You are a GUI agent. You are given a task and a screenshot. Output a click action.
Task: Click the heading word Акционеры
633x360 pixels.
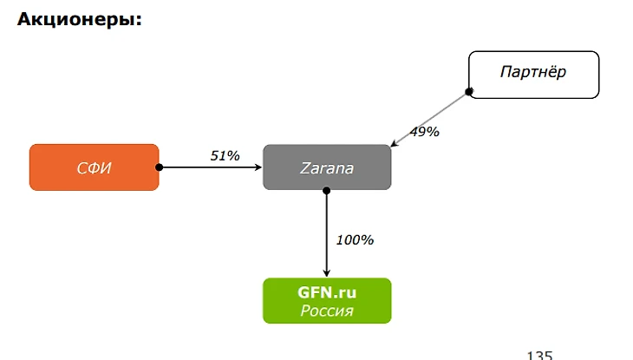click(79, 20)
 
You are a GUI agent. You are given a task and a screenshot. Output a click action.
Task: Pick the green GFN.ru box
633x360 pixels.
click(327, 300)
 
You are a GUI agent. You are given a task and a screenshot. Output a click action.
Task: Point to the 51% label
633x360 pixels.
click(225, 156)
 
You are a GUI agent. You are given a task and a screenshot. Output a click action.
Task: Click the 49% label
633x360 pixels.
click(425, 132)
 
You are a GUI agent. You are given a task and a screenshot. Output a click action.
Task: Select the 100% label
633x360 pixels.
click(355, 239)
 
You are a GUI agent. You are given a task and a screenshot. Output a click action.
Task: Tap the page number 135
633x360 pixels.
click(538, 354)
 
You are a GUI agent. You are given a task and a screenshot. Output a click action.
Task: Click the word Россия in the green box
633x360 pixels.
click(327, 311)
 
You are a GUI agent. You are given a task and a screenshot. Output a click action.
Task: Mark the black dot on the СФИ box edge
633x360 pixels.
click(159, 167)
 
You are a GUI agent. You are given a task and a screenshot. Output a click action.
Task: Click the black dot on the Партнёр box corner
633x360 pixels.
click(469, 91)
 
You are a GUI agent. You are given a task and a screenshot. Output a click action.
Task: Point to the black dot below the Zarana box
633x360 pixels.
click(327, 190)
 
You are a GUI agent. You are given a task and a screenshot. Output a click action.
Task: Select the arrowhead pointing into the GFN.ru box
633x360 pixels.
click(327, 272)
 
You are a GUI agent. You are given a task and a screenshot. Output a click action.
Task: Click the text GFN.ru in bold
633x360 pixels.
click(327, 293)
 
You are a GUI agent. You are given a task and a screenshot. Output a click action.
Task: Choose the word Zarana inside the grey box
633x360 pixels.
click(327, 168)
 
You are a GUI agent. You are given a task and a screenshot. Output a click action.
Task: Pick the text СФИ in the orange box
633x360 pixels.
click(95, 168)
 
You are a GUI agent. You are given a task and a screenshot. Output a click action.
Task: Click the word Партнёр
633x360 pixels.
click(533, 72)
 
